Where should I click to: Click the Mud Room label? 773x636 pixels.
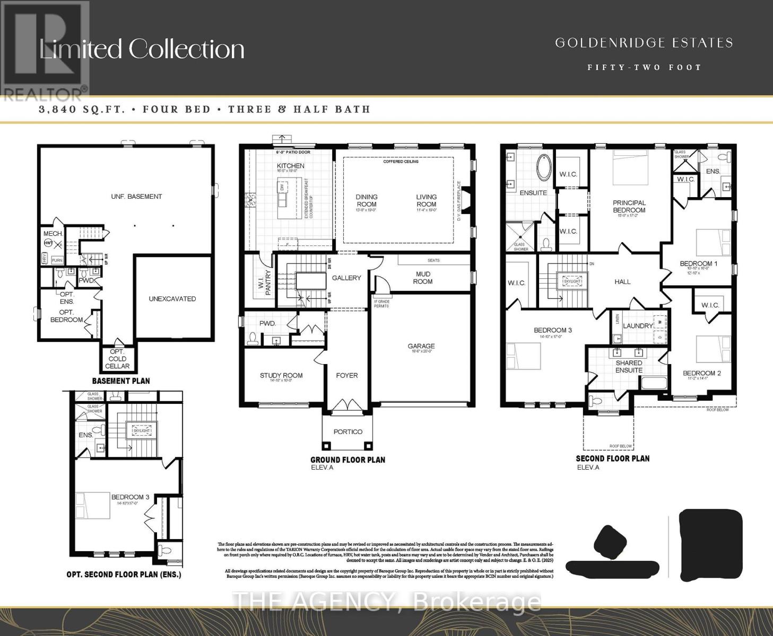pos(423,278)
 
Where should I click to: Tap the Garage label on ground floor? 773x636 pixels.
pos(421,346)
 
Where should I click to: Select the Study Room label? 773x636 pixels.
pos(281,376)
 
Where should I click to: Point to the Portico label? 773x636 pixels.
pos(348,432)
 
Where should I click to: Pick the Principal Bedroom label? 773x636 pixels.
pos(629,206)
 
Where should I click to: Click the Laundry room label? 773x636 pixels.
pos(638,326)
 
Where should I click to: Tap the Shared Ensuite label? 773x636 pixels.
pos(629,367)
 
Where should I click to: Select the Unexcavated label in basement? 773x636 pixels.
pos(172,299)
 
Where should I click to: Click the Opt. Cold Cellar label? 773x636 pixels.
pos(117,359)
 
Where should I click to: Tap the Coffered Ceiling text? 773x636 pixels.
pos(401,161)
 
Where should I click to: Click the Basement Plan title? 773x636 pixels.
pos(121,381)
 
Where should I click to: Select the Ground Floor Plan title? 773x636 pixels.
pos(348,460)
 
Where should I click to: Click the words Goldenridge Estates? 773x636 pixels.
pos(644,43)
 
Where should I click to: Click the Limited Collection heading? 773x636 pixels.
pos(142,49)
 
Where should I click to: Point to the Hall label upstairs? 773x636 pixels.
pos(622,281)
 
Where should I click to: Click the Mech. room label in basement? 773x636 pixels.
pos(53,234)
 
